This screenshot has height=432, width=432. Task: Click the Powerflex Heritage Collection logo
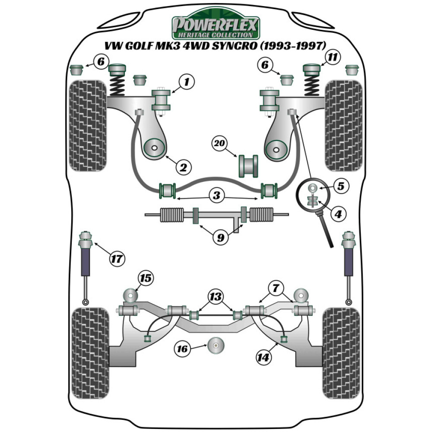point(216,27)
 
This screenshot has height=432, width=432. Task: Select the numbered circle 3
point(216,196)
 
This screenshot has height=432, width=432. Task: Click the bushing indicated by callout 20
point(248,165)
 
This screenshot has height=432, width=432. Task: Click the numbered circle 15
point(146,279)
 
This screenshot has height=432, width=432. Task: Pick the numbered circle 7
point(276,286)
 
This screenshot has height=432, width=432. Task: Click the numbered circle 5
point(341,187)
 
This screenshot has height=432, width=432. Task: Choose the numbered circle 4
point(339,213)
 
